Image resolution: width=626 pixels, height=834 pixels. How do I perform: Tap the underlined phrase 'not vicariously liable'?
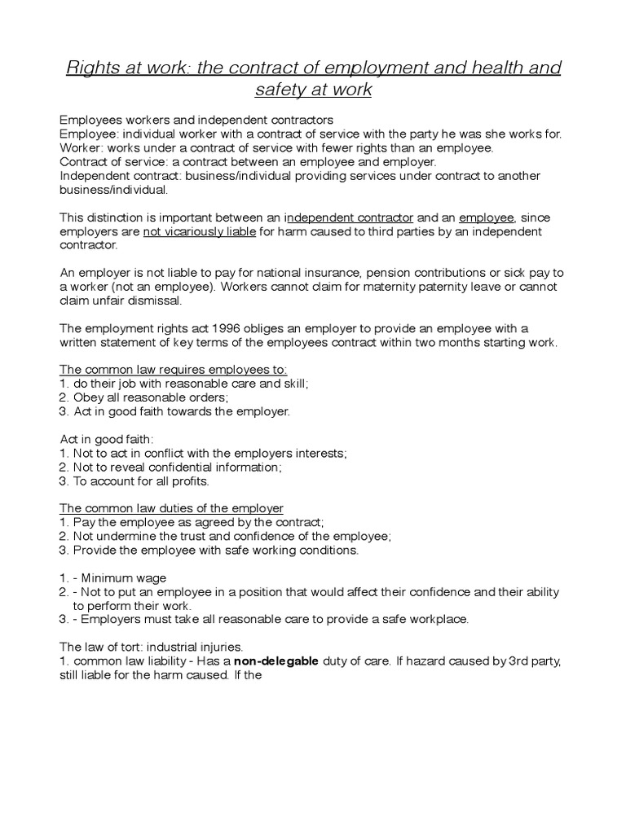[x=200, y=231]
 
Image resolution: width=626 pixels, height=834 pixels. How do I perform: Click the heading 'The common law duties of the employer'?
[x=172, y=508]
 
